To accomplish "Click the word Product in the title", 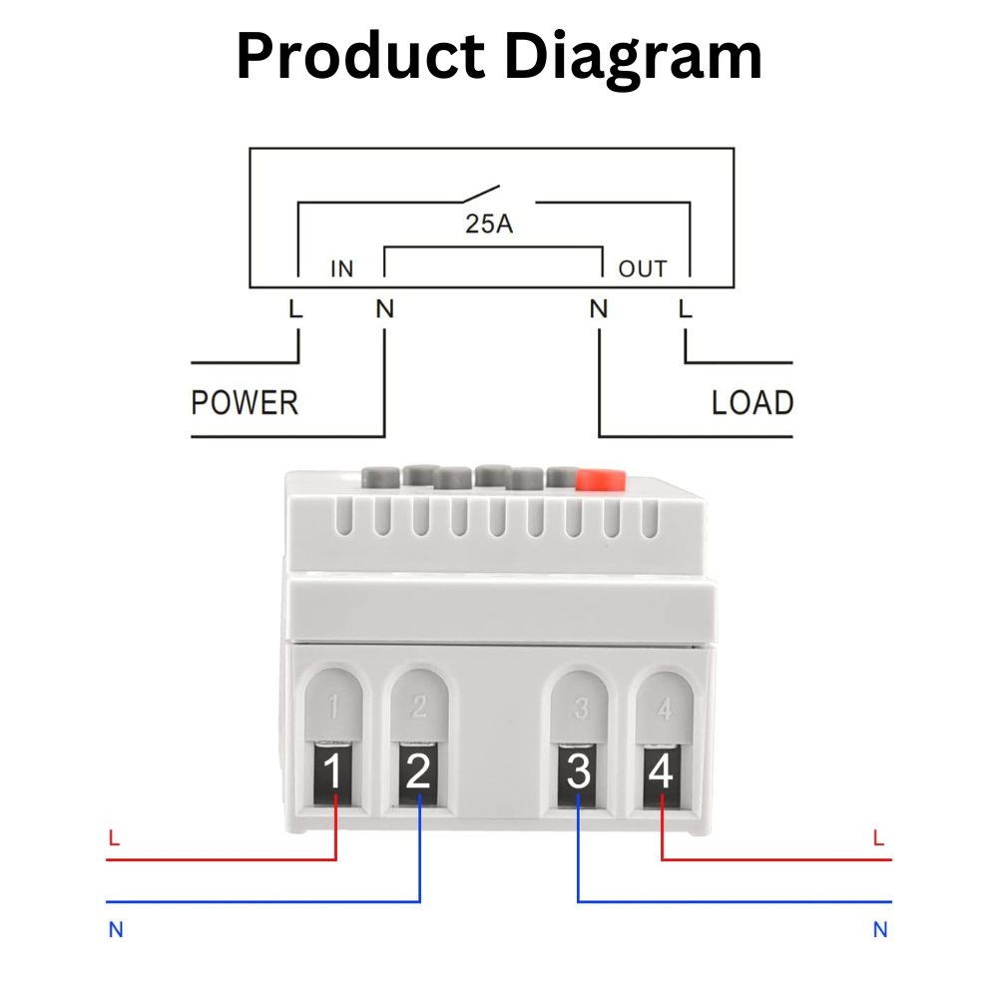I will pyautogui.click(x=358, y=57).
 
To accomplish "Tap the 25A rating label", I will pyautogui.click(x=489, y=224).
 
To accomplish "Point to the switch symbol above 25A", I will pyautogui.click(x=477, y=194).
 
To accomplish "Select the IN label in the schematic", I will pyautogui.click(x=342, y=269).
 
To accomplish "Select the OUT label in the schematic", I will pyautogui.click(x=642, y=269).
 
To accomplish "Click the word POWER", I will pyautogui.click(x=245, y=403).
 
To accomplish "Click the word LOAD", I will pyautogui.click(x=751, y=403).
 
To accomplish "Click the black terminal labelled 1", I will pyautogui.click(x=335, y=773).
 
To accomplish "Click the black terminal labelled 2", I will pyautogui.click(x=419, y=773).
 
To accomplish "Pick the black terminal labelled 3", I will pyautogui.click(x=579, y=773).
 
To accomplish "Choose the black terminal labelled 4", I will pyautogui.click(x=662, y=773).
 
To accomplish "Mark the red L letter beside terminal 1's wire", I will pyautogui.click(x=114, y=839).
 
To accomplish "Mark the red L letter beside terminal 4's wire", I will pyautogui.click(x=878, y=839).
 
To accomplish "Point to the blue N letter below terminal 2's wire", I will pyautogui.click(x=116, y=930).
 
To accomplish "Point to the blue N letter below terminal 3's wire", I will pyautogui.click(x=880, y=930).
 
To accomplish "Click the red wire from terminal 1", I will pyautogui.click(x=220, y=857).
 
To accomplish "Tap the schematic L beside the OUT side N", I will pyautogui.click(x=685, y=309).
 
